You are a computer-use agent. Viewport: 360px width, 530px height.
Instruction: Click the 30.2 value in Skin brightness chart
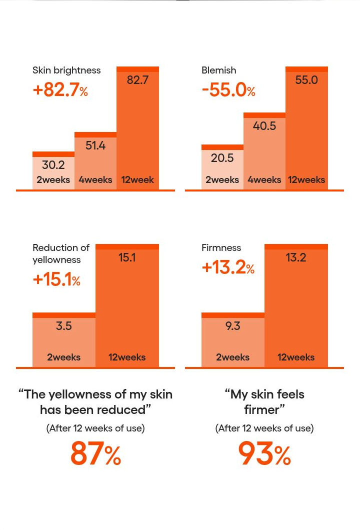click(53, 165)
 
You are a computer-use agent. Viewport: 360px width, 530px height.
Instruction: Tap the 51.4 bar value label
click(95, 145)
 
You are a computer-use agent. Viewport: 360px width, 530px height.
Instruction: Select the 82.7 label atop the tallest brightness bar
click(137, 80)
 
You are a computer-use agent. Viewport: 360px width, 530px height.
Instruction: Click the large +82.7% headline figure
click(60, 90)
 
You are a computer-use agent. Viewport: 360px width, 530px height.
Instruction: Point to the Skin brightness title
click(66, 70)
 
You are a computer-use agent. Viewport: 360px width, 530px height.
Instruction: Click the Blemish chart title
click(218, 70)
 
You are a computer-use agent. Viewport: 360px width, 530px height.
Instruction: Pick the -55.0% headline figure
click(228, 90)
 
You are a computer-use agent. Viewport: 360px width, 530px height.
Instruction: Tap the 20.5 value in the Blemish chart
click(222, 158)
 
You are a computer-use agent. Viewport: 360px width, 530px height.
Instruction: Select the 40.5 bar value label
click(264, 125)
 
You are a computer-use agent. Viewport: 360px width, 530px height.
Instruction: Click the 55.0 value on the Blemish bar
click(306, 80)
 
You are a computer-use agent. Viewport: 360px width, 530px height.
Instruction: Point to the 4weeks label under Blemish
click(264, 179)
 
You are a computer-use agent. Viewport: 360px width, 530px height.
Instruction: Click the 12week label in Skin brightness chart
click(137, 179)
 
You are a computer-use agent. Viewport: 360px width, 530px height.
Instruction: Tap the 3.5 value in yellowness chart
click(64, 326)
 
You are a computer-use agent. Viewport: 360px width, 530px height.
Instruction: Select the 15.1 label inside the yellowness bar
click(127, 257)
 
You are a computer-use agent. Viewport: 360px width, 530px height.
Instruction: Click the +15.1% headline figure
click(56, 279)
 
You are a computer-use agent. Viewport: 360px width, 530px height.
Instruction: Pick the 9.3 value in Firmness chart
click(233, 326)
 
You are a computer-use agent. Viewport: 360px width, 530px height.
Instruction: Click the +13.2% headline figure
click(228, 267)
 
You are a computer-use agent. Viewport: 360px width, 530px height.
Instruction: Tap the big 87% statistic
click(95, 453)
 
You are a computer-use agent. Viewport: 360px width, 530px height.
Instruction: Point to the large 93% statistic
click(264, 453)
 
